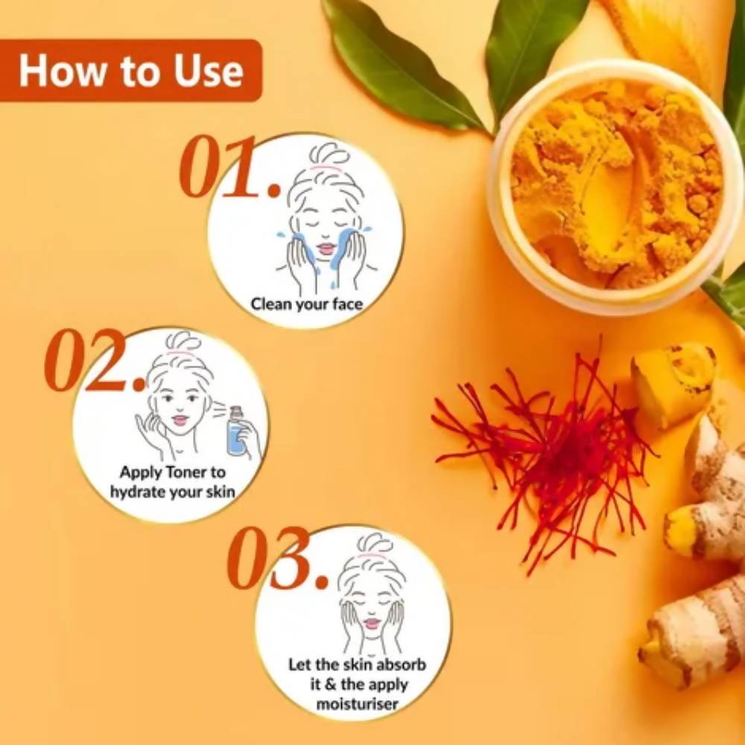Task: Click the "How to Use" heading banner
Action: point(130,70)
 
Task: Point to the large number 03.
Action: point(278,558)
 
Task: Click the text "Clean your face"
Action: point(307,304)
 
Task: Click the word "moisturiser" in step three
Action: point(357,704)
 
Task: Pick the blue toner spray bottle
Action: point(236,431)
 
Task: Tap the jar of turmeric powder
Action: point(616,186)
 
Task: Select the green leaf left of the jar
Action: point(402,64)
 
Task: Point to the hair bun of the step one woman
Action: point(329,153)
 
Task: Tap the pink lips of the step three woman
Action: point(372,622)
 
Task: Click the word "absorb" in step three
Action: point(402,665)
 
